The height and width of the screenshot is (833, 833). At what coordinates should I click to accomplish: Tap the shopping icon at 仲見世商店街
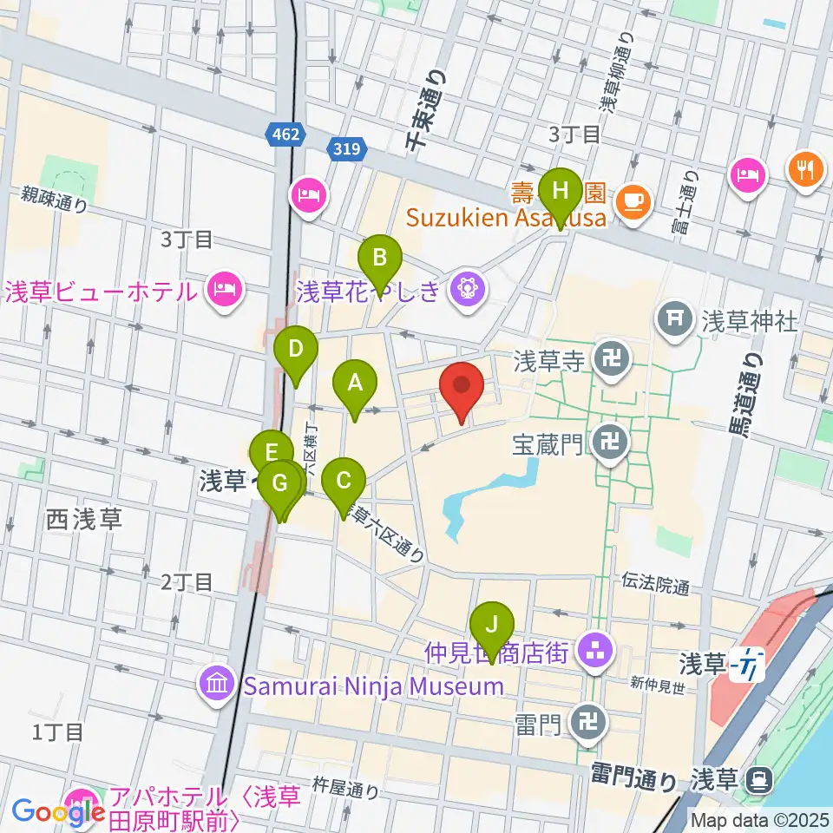tap(596, 648)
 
